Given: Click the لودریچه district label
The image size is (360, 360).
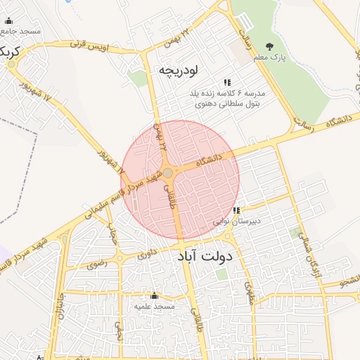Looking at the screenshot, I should tap(179, 70).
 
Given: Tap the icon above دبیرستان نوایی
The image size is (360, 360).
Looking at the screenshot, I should tap(237, 210).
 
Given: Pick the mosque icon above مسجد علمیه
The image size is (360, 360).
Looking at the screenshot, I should tap(154, 296).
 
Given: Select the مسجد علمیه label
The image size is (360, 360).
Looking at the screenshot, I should tap(154, 307).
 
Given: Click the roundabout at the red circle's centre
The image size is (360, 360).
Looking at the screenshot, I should tap(169, 172).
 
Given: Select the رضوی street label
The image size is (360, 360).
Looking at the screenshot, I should tap(96, 265).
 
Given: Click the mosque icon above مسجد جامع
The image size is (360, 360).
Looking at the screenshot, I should tap(8, 21).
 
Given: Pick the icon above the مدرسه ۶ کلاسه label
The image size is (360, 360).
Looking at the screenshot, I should tap(226, 83).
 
